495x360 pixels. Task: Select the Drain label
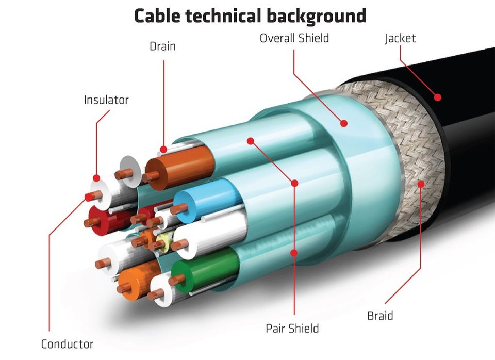point(162,46)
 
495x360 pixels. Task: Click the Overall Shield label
point(294,38)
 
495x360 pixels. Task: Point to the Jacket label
point(400,38)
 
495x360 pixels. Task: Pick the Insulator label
point(106,100)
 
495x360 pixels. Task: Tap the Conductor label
point(67,344)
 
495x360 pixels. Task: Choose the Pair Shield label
point(292,328)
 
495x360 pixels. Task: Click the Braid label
point(380,316)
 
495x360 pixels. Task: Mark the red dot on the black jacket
point(438,96)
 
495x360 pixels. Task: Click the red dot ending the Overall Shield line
point(343,123)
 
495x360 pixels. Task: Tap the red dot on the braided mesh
point(422,183)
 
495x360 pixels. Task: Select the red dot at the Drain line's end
point(163,150)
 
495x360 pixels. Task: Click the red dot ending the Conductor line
point(86,196)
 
